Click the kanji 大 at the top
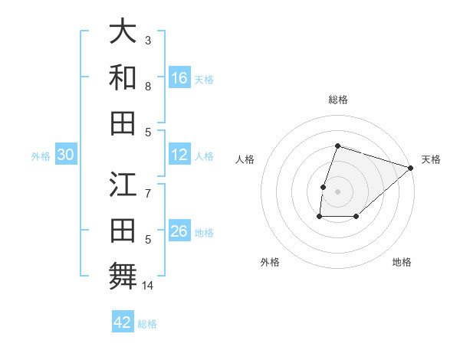123,33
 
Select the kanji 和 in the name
123,77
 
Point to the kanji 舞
123,275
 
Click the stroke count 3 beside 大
148,39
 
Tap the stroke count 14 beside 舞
148,286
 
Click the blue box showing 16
179,78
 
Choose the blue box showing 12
179,155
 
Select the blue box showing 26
179,232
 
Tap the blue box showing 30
65,155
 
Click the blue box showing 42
123,322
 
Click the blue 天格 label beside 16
204,80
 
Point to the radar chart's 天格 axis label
431,159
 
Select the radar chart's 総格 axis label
337,100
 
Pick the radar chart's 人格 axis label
245,159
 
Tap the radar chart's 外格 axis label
269,262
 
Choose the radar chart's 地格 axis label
402,262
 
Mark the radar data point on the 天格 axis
410,168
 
